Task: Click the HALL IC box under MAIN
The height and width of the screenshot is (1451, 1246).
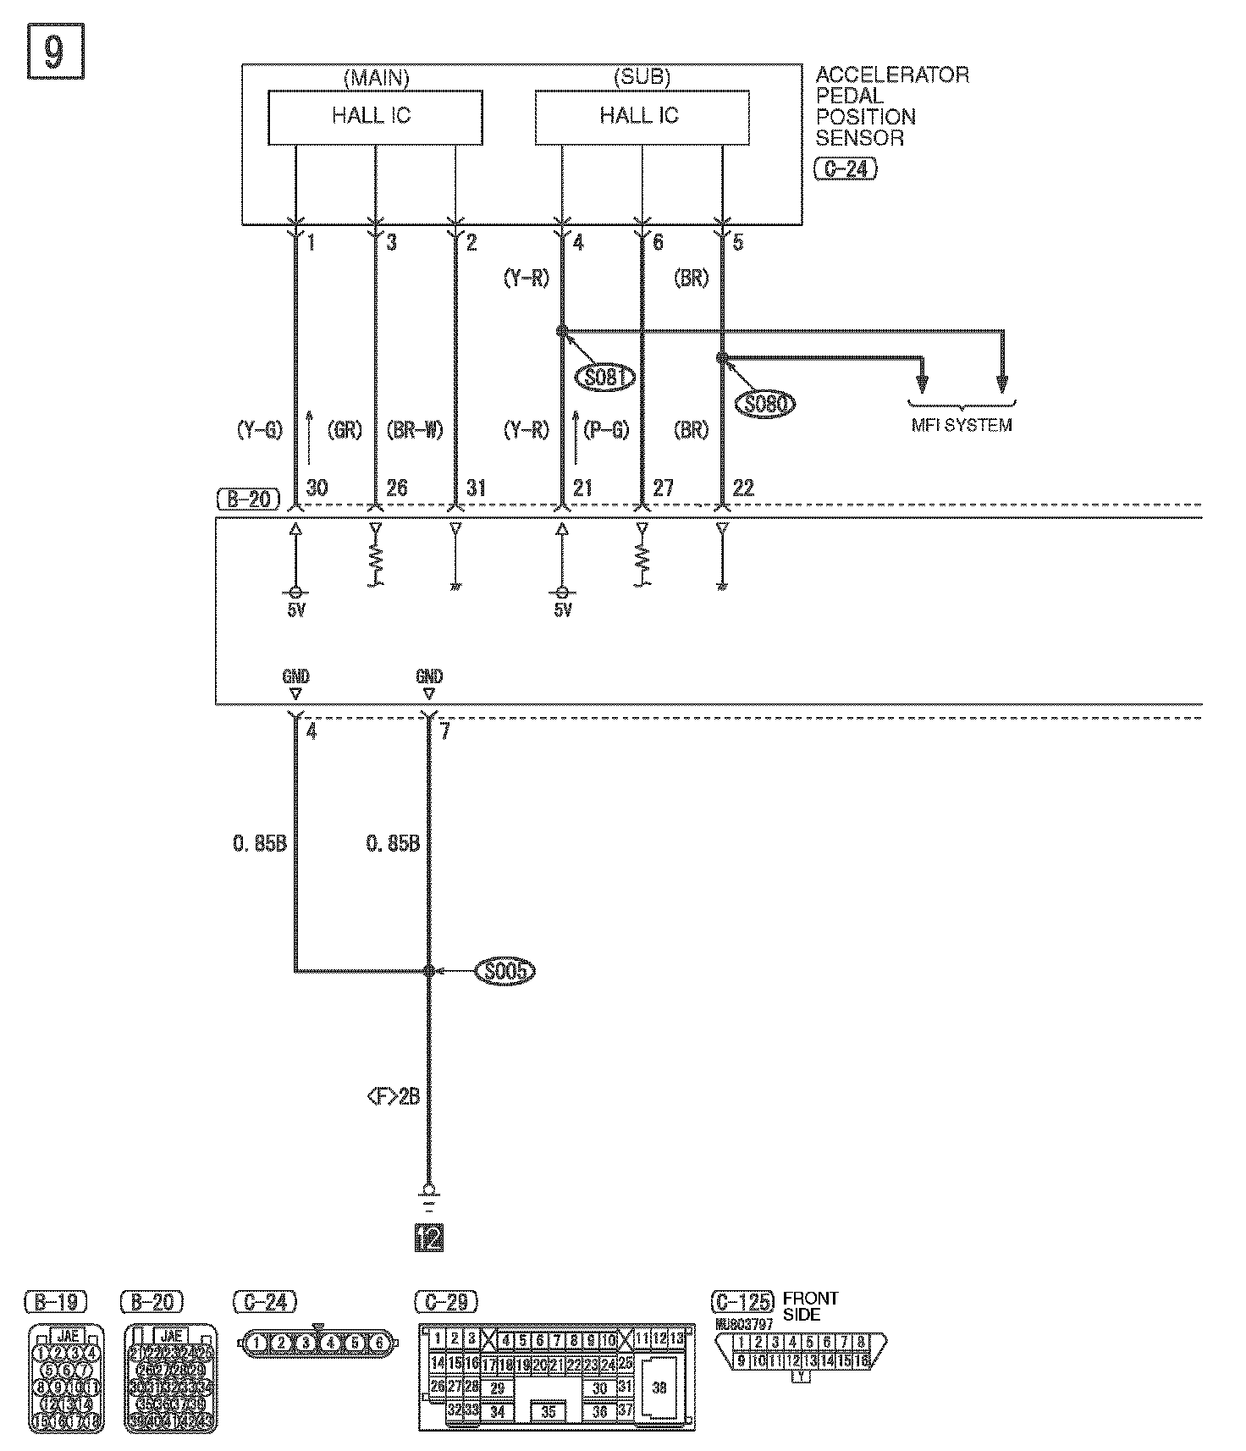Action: coord(375,117)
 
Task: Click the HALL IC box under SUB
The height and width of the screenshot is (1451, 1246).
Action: coord(642,117)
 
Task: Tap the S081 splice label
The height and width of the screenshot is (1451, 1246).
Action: coord(605,377)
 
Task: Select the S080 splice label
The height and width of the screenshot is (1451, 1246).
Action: coord(766,404)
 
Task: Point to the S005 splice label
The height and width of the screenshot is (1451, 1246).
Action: coord(505,971)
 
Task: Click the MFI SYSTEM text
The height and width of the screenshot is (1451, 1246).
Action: coord(962,425)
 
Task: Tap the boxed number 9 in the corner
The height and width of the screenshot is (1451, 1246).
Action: coord(56,53)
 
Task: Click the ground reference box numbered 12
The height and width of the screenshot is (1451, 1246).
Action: coord(429,1239)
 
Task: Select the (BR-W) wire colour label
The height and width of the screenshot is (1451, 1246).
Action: coord(415,430)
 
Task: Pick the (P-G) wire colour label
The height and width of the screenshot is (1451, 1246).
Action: coord(607,430)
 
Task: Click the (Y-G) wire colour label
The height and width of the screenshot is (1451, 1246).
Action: coord(259,430)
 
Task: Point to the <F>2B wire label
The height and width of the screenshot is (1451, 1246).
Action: coord(394,1096)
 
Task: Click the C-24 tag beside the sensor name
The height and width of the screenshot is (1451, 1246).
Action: coord(846,168)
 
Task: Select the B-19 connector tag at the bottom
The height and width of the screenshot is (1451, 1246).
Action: coord(56,1301)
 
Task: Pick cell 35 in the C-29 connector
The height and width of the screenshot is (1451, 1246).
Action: coord(549,1411)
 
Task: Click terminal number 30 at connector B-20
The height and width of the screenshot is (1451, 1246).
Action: coord(317,488)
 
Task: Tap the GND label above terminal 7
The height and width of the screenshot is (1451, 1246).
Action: coord(429,676)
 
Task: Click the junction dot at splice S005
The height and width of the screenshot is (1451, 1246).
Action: coord(429,971)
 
